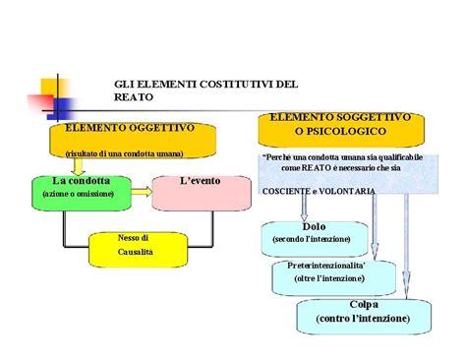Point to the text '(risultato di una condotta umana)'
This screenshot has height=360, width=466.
124,154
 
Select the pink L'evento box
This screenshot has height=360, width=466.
202,182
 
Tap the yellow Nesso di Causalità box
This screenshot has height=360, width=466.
134,245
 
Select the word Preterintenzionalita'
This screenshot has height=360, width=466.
325,266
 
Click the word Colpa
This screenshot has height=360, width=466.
363,305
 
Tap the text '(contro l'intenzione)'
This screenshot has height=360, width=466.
363,320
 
